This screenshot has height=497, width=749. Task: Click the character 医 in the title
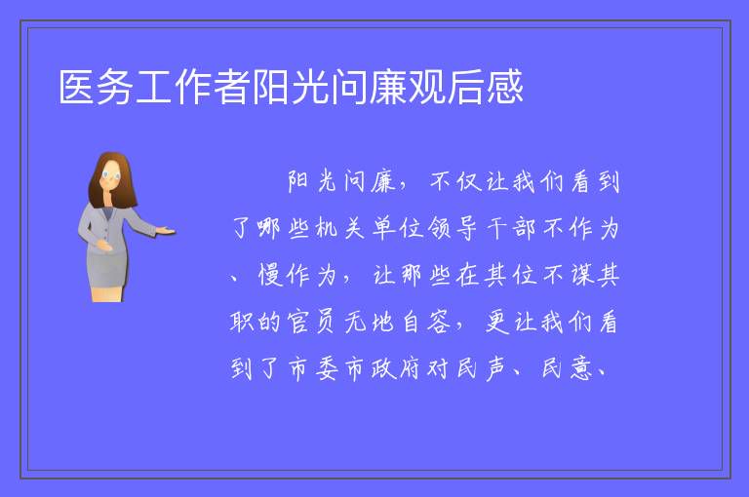(77, 87)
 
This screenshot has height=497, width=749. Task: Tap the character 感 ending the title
(505, 87)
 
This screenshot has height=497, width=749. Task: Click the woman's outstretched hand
(166, 232)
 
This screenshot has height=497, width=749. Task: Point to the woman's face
(111, 174)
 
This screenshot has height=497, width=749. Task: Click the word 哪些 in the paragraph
(283, 228)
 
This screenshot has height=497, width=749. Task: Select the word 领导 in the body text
(453, 228)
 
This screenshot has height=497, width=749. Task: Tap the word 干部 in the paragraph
(511, 228)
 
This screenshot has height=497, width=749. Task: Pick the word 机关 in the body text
(340, 228)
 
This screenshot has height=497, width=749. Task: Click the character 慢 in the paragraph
(270, 275)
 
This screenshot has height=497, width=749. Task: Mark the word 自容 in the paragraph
(426, 322)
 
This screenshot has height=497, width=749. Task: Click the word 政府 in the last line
(396, 368)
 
